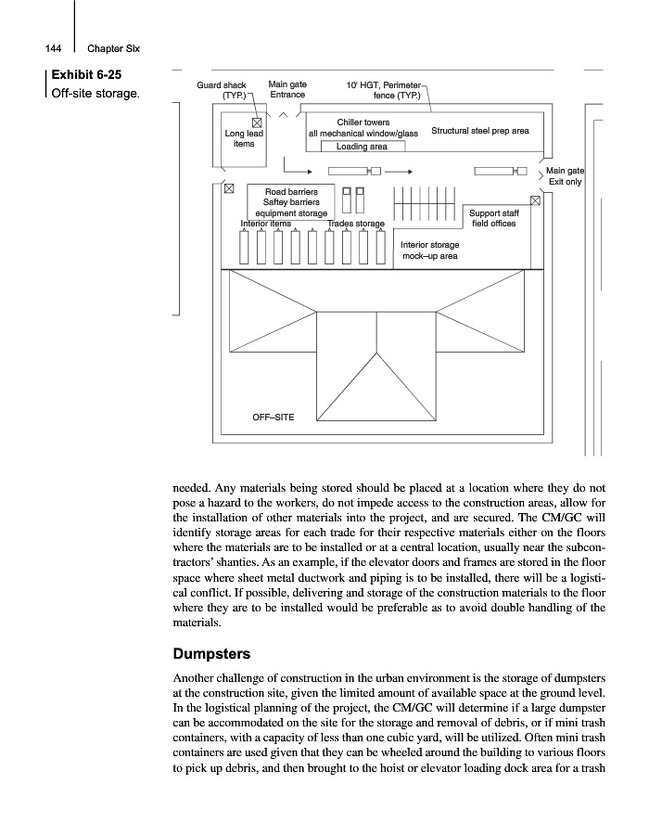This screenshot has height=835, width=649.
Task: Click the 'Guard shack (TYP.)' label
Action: click(x=222, y=90)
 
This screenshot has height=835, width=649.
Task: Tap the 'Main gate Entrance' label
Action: click(x=287, y=90)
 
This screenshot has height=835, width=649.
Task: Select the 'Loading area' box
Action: click(x=362, y=147)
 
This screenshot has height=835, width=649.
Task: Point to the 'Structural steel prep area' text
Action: click(x=480, y=131)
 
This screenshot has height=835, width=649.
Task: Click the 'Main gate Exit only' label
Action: click(x=565, y=176)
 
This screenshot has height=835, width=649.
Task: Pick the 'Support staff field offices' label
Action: click(x=493, y=218)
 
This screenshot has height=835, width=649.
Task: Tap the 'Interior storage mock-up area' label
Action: click(x=429, y=250)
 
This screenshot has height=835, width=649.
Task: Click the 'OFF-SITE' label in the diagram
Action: click(x=274, y=417)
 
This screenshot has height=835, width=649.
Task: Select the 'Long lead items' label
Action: click(x=244, y=138)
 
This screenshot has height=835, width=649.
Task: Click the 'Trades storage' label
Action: click(x=356, y=225)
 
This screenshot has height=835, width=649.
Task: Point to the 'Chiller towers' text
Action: click(x=363, y=122)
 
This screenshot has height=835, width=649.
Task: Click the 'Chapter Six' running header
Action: click(x=113, y=48)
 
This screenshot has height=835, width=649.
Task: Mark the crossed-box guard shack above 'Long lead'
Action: click(x=257, y=122)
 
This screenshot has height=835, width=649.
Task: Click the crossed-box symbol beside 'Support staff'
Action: click(x=535, y=200)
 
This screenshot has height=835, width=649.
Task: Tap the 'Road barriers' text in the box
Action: click(x=292, y=191)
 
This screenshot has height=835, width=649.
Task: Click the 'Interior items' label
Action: click(x=266, y=225)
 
